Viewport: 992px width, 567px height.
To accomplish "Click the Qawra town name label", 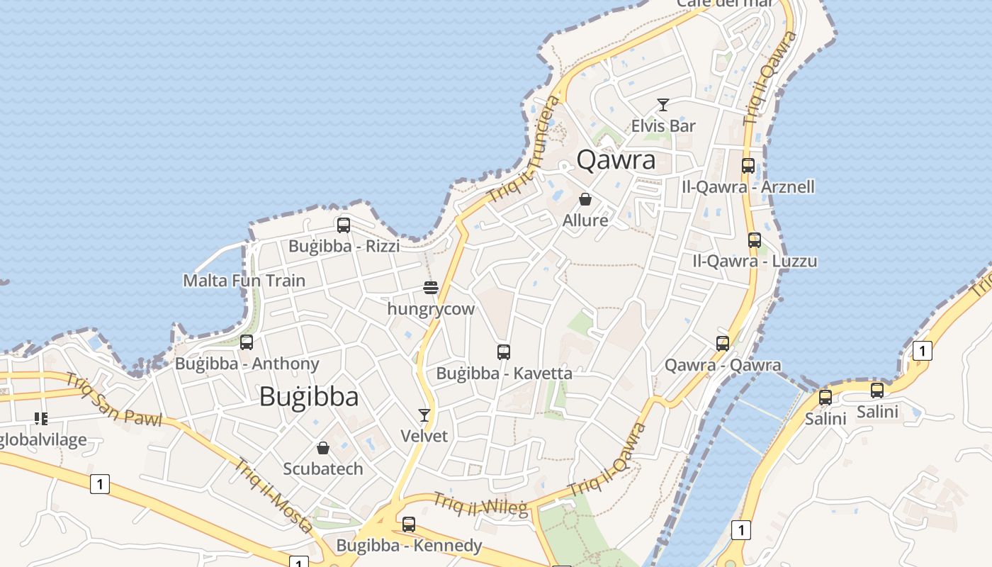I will (x=616, y=160).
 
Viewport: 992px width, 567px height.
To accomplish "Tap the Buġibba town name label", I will (x=309, y=396).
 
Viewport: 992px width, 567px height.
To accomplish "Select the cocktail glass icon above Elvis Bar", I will (x=663, y=105).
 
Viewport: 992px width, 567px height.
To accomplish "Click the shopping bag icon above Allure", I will (x=585, y=199).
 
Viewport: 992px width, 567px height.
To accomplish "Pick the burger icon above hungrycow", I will (x=431, y=288).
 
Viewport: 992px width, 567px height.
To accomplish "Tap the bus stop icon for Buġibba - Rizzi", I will (x=344, y=225).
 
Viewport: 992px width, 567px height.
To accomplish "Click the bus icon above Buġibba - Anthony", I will (x=247, y=342).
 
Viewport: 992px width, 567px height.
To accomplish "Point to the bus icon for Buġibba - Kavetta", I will (x=504, y=352).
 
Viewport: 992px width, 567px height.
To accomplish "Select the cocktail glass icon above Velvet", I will (x=424, y=415).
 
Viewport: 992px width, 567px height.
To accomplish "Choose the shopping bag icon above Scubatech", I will (x=323, y=448).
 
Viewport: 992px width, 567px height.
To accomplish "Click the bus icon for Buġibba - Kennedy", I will (x=409, y=524).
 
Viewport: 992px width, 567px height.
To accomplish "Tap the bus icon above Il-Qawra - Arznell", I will (x=748, y=166).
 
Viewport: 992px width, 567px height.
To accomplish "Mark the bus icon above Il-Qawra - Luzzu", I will (x=755, y=240).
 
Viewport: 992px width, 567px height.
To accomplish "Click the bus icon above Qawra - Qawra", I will (x=723, y=344).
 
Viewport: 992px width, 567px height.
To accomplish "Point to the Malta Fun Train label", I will (x=244, y=281).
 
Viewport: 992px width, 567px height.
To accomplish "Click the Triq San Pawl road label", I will (x=113, y=399).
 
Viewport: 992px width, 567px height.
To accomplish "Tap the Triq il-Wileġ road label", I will (x=481, y=505).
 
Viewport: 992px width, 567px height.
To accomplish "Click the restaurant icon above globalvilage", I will (x=41, y=419).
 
